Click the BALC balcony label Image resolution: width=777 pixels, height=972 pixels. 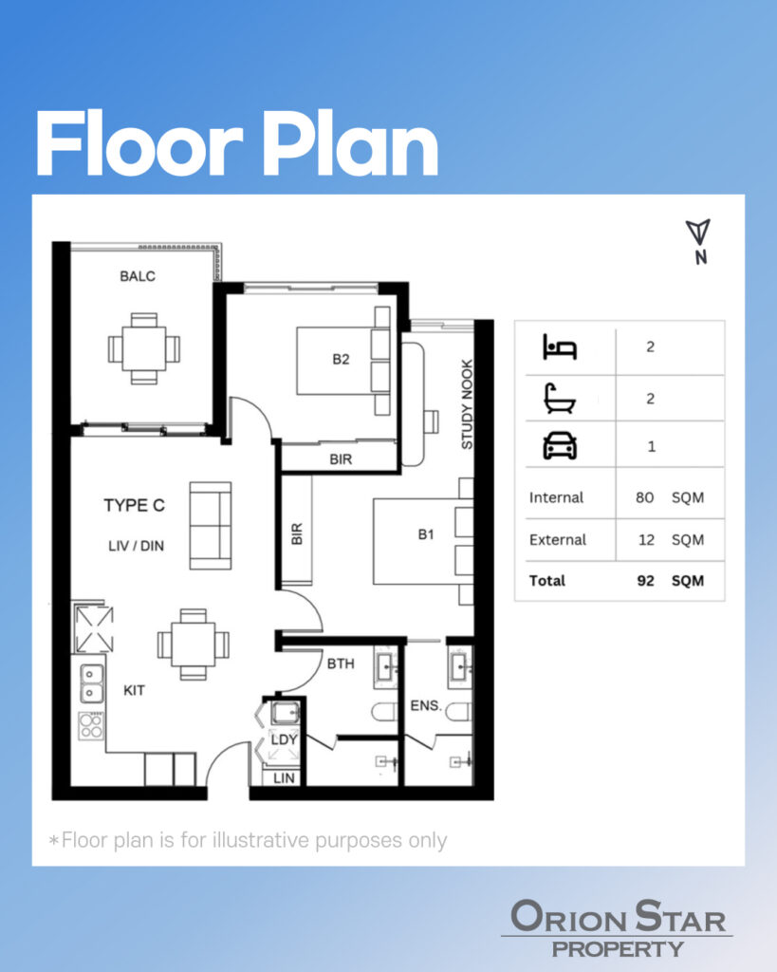[x=138, y=276]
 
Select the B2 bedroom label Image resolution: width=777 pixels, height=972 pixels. [x=341, y=359]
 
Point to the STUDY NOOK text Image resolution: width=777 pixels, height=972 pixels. [x=467, y=404]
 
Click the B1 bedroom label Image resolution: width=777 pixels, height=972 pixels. [x=426, y=534]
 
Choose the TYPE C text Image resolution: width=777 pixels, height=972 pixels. [x=135, y=505]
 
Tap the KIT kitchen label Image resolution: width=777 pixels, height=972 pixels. [x=134, y=690]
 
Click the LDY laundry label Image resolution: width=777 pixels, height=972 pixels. [x=284, y=739]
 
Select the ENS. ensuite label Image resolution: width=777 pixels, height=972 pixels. [x=426, y=705]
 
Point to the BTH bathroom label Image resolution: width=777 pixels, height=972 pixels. [x=341, y=664]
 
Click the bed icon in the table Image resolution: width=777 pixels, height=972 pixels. [x=560, y=346]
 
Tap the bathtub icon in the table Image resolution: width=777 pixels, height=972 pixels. [x=560, y=399]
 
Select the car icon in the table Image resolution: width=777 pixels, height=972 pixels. [x=560, y=446]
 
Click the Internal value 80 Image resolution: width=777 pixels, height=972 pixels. [x=644, y=497]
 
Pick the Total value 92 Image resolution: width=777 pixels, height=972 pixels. [x=645, y=581]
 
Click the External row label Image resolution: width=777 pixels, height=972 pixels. [x=558, y=540]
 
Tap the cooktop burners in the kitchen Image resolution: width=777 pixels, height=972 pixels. [x=91, y=726]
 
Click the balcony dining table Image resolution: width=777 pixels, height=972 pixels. [x=144, y=348]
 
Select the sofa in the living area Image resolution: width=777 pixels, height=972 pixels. [x=210, y=526]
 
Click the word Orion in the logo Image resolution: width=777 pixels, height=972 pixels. [x=568, y=917]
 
